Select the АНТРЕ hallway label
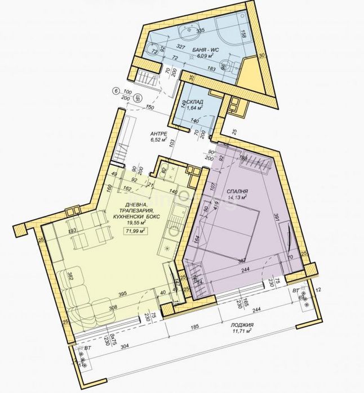point(158,134)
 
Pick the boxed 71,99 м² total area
point(133,231)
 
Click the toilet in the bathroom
point(224,64)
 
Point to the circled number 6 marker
point(116,91)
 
